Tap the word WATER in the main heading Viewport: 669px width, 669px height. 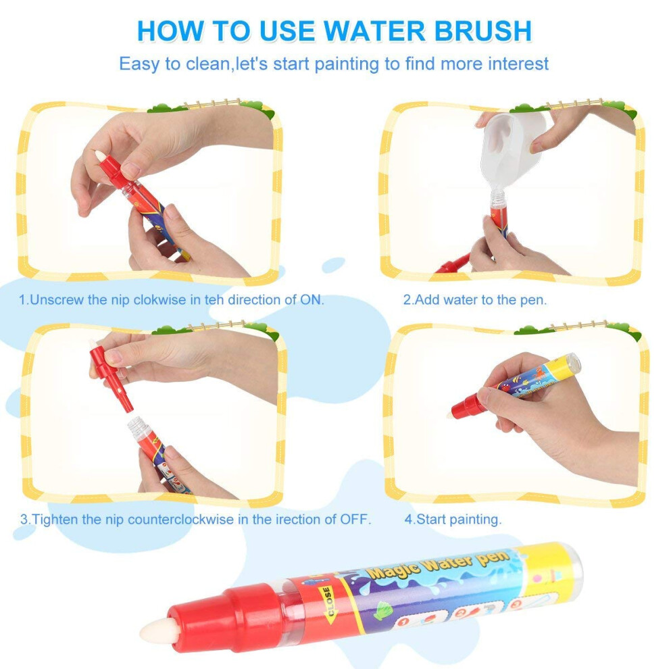(x=374, y=30)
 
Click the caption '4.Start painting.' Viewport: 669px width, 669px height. (x=453, y=519)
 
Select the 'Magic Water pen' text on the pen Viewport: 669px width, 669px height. (x=439, y=564)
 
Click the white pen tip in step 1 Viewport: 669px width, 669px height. (x=100, y=155)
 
